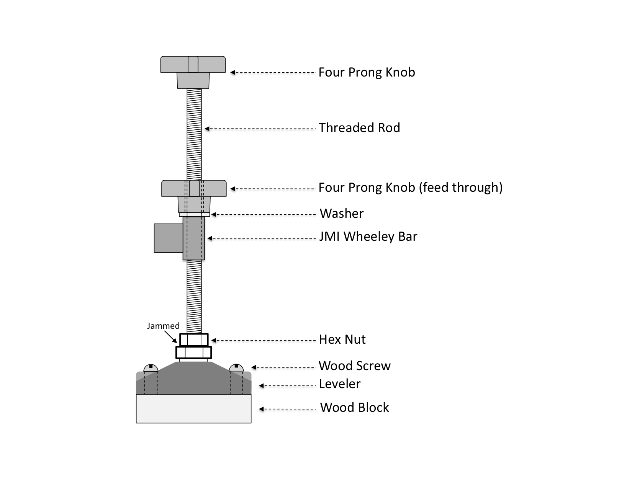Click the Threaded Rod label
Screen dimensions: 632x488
[359, 128]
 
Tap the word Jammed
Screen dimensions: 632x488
[163, 326]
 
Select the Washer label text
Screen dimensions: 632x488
[341, 214]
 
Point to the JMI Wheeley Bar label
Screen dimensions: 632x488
[368, 237]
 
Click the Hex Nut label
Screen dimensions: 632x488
[342, 339]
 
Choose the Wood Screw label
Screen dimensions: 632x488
[355, 366]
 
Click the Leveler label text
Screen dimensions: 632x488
[339, 384]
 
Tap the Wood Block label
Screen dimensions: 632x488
[354, 408]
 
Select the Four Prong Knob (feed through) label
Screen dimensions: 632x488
[410, 188]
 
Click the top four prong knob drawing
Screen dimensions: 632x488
[193, 72]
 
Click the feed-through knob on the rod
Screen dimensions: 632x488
[194, 196]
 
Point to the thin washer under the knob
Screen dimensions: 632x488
[194, 214]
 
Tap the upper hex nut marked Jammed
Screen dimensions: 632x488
[194, 339]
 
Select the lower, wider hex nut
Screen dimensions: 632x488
[194, 353]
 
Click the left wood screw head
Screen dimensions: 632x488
[151, 368]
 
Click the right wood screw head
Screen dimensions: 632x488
[236, 368]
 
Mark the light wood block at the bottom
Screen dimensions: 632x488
[194, 409]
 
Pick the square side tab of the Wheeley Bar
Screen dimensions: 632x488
[169, 238]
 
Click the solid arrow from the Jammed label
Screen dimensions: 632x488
[171, 337]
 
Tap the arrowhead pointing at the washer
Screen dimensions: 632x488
[213, 215]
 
